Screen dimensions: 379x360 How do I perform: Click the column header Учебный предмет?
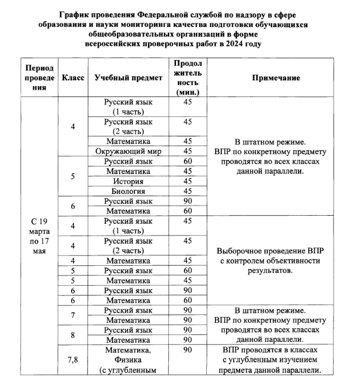point(128,78)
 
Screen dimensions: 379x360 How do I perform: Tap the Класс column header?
point(73,78)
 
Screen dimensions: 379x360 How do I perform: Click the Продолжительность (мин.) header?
point(187,78)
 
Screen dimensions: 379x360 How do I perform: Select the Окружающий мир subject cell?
point(128,151)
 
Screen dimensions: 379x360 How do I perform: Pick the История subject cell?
point(128,181)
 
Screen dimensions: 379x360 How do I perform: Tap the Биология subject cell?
point(128,191)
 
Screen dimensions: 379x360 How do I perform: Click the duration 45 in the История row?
point(187,181)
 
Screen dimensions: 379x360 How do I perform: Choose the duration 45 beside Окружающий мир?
point(187,151)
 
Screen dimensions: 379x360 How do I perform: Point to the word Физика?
point(128,360)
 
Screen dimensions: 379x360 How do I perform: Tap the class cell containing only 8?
point(73,335)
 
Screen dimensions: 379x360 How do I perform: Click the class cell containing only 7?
point(73,315)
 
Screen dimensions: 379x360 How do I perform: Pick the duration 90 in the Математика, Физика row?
point(187,350)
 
